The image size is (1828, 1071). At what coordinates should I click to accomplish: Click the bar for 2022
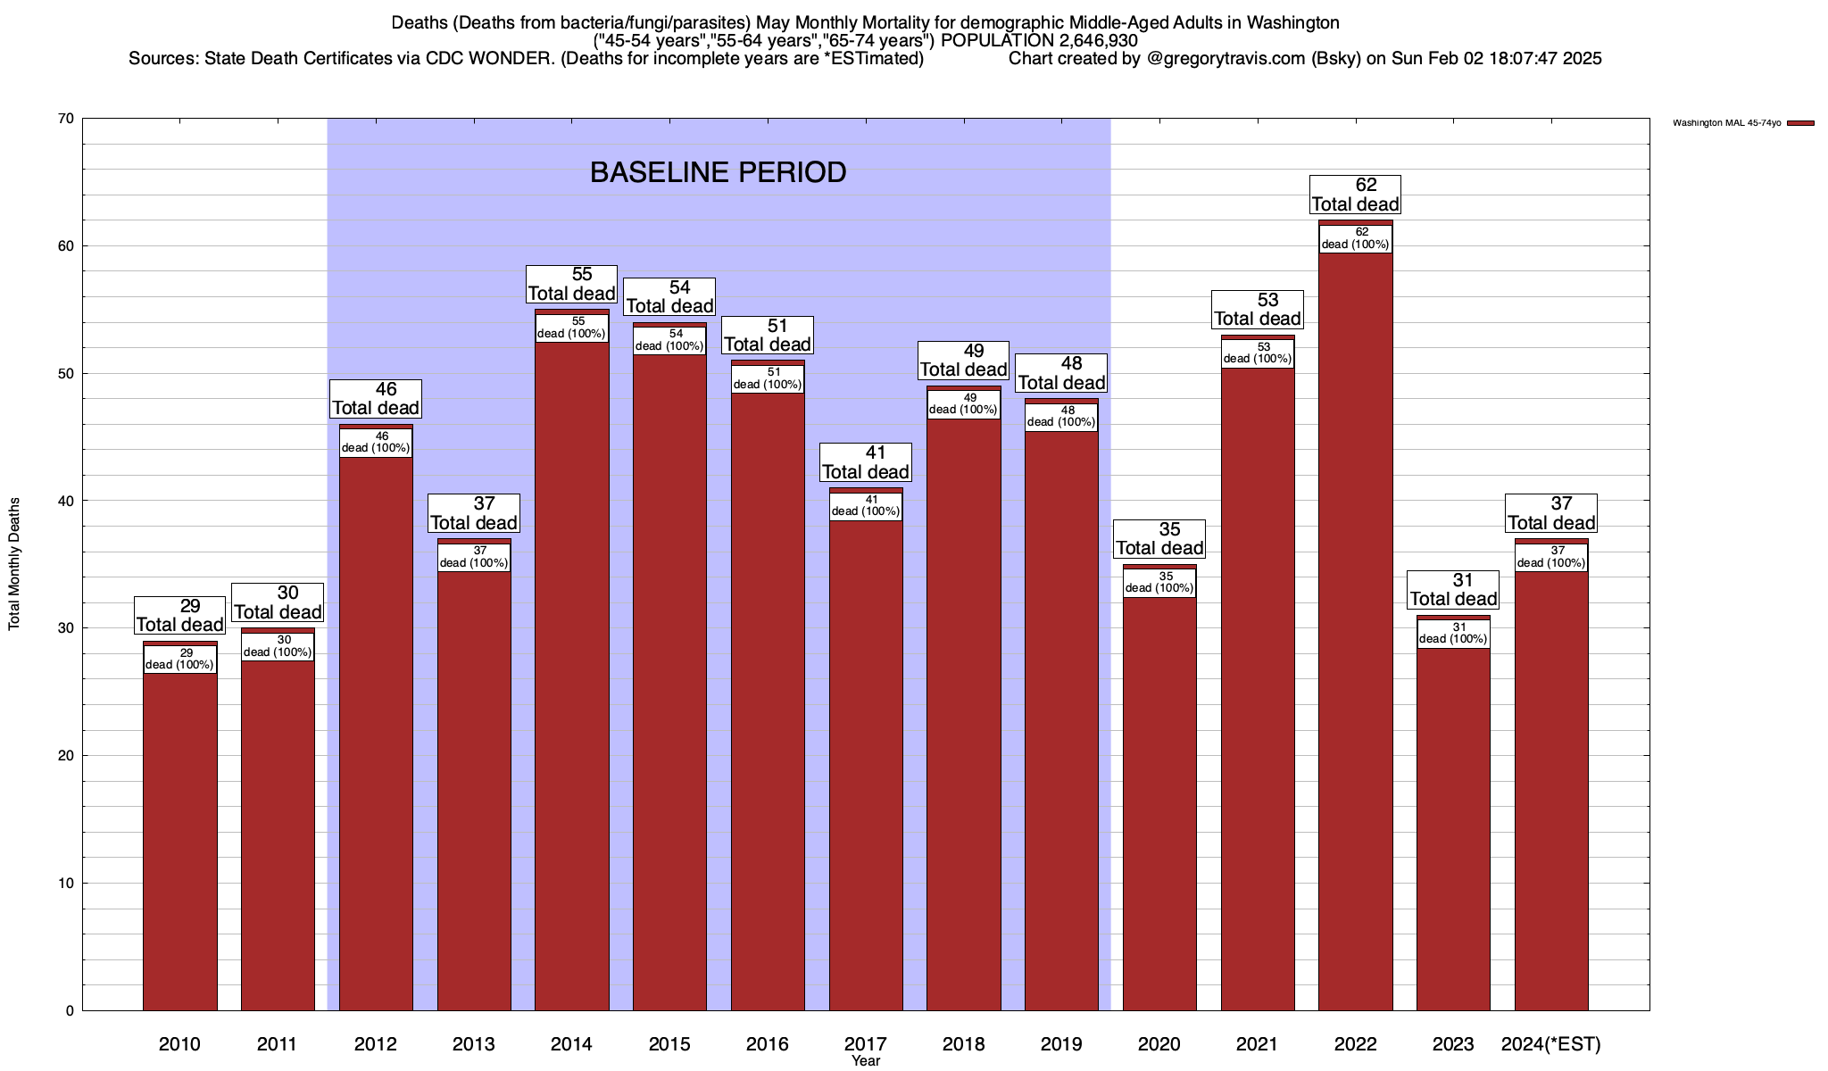(x=1355, y=625)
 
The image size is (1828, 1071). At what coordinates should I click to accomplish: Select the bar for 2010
(x=179, y=839)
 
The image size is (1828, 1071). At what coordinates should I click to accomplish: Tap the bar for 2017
(x=866, y=759)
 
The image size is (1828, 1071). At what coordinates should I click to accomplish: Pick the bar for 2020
(x=1159, y=794)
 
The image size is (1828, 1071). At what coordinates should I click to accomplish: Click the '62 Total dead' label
(x=1355, y=195)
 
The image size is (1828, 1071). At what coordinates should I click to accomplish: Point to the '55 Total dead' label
(x=571, y=285)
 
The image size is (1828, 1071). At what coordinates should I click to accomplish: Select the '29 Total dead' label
(x=179, y=616)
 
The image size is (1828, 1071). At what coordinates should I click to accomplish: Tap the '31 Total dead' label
(x=1453, y=590)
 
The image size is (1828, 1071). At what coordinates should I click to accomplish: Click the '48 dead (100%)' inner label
(x=1061, y=417)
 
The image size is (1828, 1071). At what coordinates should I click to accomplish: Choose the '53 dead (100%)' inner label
(x=1257, y=353)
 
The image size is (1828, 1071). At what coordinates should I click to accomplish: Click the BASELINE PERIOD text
(x=718, y=172)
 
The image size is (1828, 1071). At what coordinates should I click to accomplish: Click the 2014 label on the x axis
(x=571, y=1044)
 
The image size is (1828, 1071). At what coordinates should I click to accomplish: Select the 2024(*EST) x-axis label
(x=1551, y=1044)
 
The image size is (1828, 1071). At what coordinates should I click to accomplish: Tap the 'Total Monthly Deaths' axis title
(x=14, y=564)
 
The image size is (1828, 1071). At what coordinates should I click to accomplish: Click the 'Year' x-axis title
(x=865, y=1061)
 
